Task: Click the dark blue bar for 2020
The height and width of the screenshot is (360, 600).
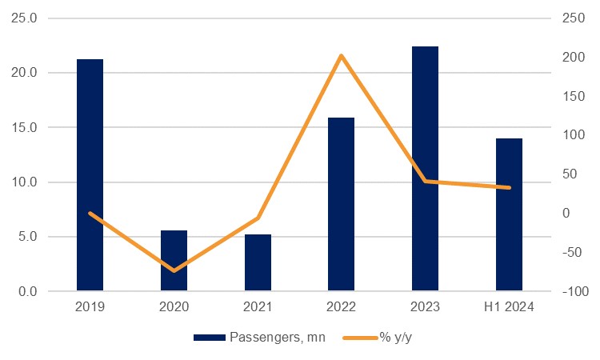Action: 174,261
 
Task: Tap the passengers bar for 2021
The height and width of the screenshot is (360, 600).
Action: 258,262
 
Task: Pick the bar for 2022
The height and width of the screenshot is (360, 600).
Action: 342,204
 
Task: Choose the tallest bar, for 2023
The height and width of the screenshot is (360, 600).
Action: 425,169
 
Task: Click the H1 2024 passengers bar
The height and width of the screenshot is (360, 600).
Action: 509,214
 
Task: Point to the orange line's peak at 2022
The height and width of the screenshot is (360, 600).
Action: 342,55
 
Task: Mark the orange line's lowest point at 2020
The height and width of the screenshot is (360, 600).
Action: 174,270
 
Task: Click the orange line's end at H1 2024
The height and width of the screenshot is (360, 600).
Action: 509,188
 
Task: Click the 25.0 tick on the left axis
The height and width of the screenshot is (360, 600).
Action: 26,18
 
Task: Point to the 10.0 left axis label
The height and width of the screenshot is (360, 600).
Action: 26,182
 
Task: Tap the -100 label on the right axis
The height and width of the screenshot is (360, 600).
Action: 574,292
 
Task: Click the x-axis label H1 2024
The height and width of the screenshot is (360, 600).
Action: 509,307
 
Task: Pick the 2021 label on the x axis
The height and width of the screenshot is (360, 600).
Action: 258,307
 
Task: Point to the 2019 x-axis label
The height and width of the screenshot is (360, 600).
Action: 90,307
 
